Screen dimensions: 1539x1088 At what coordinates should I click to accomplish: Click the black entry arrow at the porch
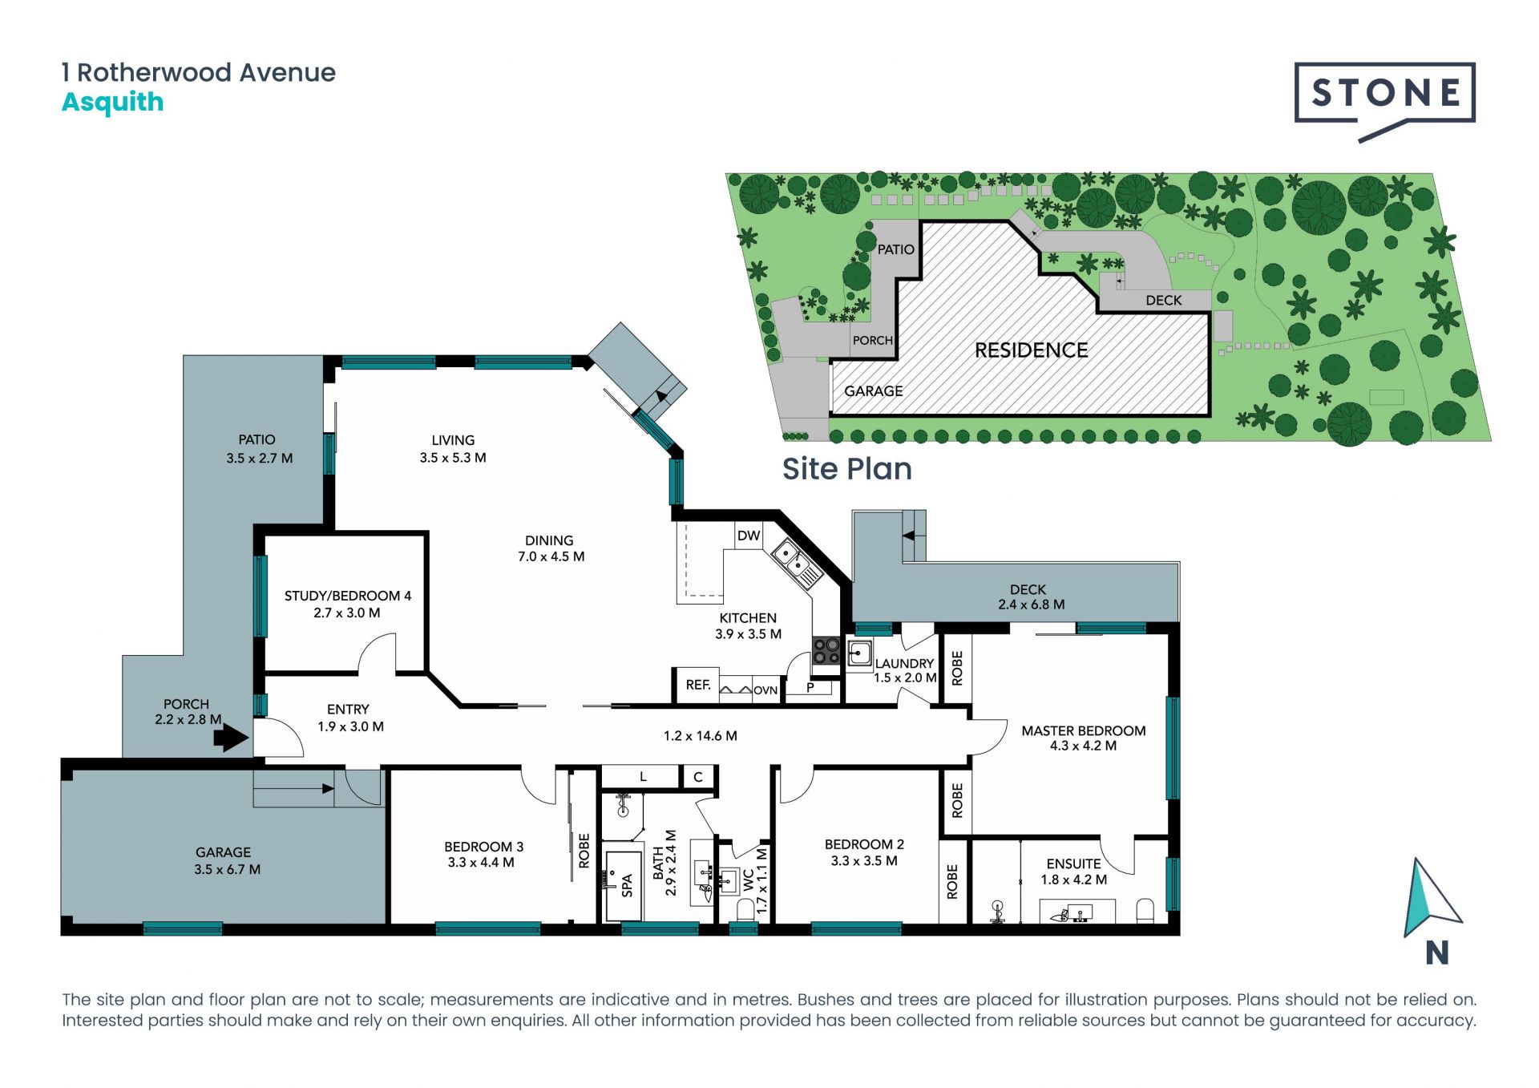click(232, 737)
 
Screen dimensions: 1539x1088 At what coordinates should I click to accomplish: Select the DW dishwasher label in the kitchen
click(749, 536)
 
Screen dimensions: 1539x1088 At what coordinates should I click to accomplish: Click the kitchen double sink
click(796, 564)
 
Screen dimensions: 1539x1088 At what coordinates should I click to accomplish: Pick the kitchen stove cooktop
click(826, 650)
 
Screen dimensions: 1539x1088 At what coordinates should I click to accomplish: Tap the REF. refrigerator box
click(697, 686)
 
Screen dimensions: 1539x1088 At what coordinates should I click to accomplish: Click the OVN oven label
click(765, 690)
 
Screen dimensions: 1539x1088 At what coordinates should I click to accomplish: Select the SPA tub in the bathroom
click(624, 885)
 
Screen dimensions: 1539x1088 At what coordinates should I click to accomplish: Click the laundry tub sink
click(860, 653)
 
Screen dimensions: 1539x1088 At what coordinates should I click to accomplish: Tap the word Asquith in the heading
click(113, 103)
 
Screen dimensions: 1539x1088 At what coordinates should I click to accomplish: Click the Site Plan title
click(847, 469)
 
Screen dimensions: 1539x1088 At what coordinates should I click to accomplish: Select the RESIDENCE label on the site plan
click(1031, 350)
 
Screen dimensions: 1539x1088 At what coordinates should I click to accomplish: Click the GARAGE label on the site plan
click(873, 391)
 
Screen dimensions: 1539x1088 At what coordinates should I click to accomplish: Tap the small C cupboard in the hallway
click(698, 777)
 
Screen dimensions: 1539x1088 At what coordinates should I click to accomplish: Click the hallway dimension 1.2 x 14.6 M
click(701, 735)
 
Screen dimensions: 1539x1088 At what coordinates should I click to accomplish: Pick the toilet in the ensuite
click(1145, 911)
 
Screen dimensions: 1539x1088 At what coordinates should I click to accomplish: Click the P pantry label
click(810, 687)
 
